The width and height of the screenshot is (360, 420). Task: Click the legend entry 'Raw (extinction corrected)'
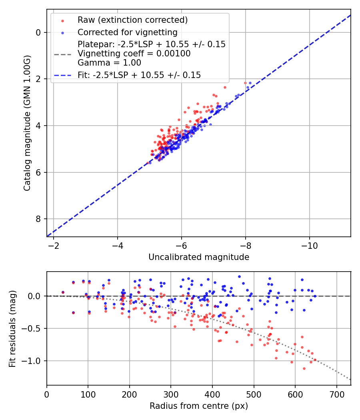(x=132, y=20)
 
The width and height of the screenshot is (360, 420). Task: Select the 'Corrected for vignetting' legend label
(x=127, y=32)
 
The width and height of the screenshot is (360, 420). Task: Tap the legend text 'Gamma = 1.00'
(x=109, y=63)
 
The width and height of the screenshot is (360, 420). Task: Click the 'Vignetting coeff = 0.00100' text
(x=134, y=54)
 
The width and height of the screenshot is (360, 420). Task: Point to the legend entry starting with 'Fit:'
(x=139, y=75)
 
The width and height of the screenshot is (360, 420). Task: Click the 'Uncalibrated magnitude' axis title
(x=199, y=257)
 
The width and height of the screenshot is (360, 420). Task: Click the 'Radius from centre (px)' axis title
(x=199, y=406)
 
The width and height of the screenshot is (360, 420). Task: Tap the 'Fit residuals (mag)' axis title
(x=12, y=328)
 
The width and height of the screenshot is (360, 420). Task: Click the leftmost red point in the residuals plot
(x=63, y=292)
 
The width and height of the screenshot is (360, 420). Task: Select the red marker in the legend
(x=62, y=20)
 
